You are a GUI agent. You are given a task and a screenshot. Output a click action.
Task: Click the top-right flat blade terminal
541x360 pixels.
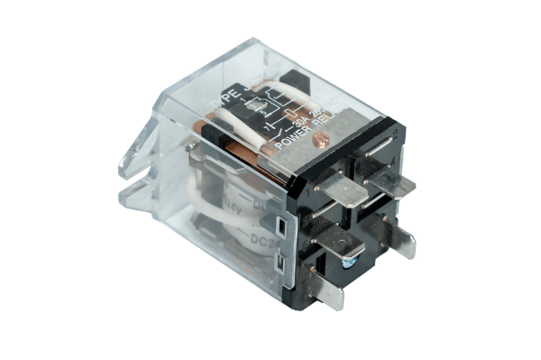[390, 180]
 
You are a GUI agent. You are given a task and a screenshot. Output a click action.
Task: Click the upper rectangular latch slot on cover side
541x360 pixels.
[281, 225]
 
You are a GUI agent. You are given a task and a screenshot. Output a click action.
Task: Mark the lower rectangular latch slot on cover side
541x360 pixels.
[283, 263]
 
